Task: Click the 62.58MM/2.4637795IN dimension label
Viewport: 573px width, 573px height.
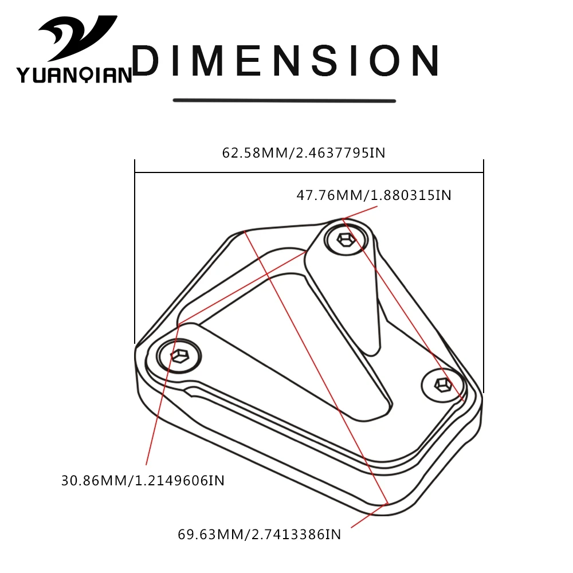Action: tap(304, 153)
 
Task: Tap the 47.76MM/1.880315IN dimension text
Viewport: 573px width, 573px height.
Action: tap(374, 195)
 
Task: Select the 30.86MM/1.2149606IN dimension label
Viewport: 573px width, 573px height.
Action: tap(143, 481)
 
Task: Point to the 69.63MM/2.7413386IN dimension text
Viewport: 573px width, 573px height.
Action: tap(260, 535)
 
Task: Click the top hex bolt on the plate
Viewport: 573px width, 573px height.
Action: tap(346, 240)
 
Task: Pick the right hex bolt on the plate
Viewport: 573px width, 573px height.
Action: tap(442, 385)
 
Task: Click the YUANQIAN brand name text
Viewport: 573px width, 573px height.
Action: tap(74, 75)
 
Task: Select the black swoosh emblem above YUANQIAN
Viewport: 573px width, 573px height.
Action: tap(77, 38)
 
